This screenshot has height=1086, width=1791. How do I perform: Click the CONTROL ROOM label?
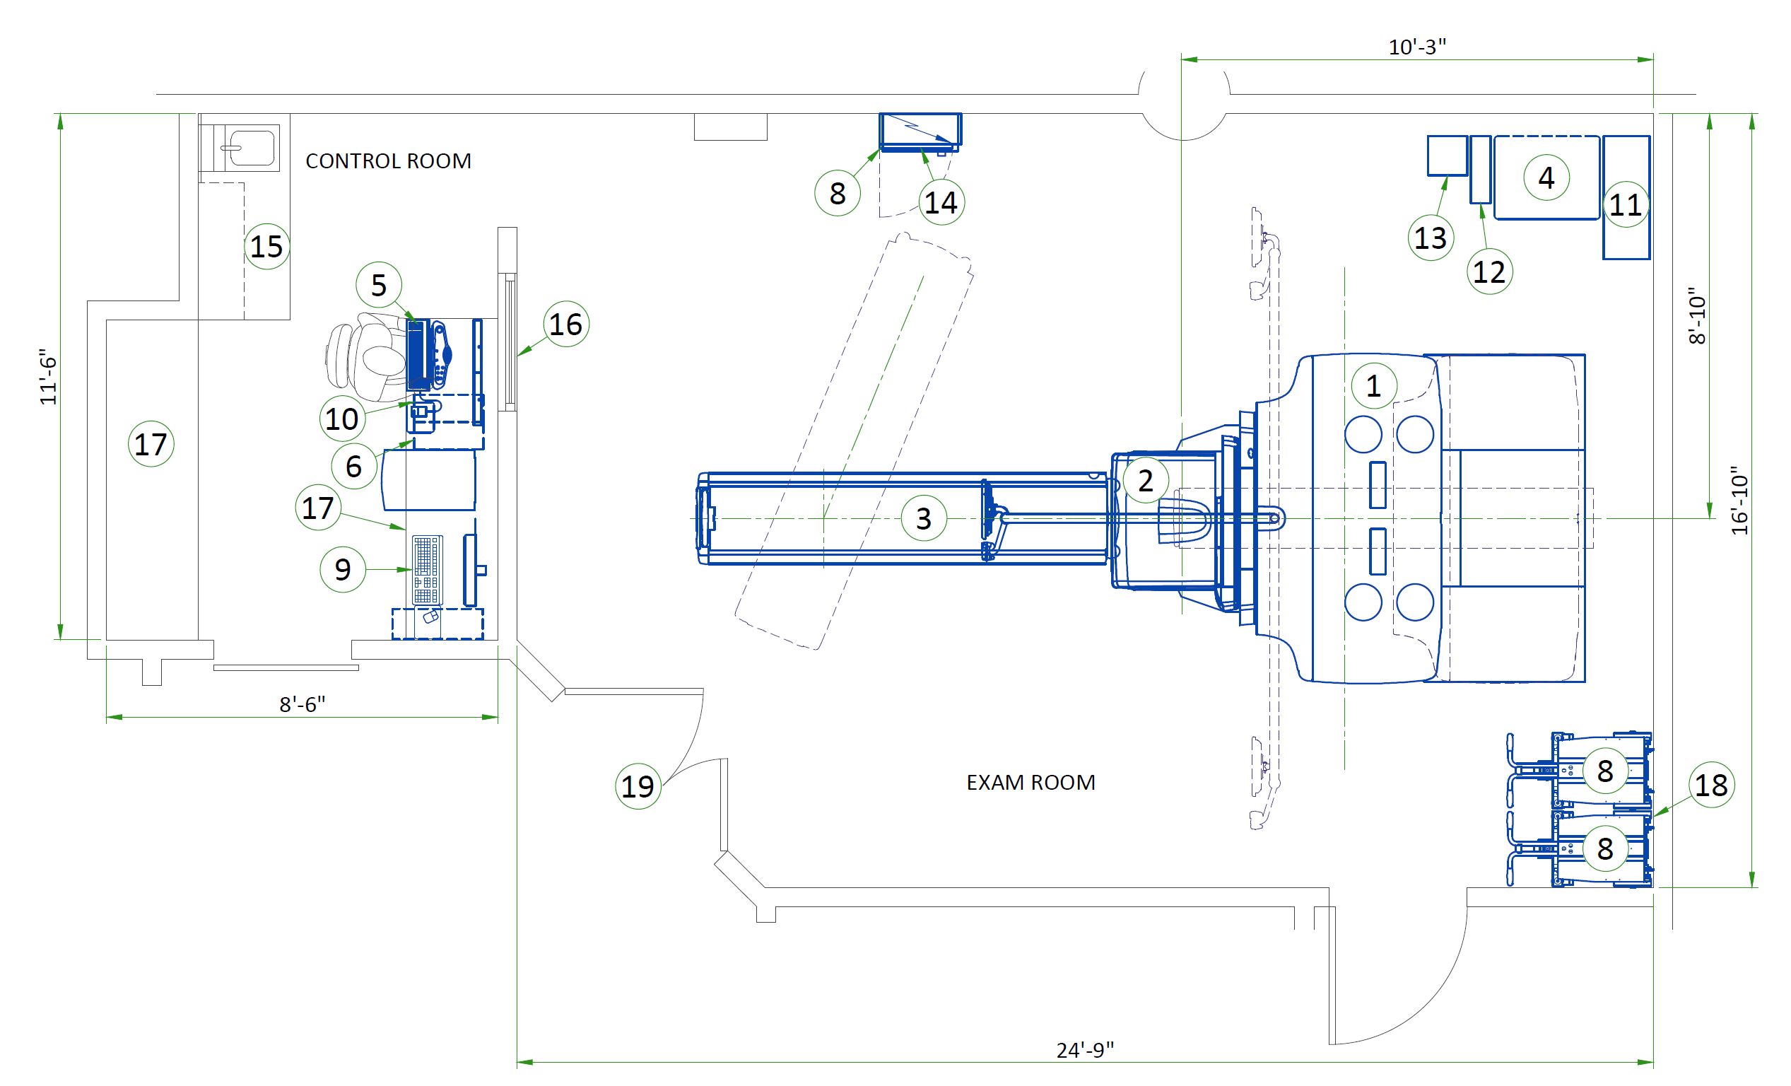tap(388, 160)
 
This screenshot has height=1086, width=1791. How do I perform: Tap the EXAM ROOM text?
tap(1030, 783)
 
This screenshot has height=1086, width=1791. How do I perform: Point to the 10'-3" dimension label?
tap(1416, 47)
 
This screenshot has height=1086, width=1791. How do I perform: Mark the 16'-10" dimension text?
tap(1739, 500)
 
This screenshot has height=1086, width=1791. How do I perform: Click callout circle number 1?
tap(1373, 386)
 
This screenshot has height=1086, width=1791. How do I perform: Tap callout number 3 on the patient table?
tap(923, 518)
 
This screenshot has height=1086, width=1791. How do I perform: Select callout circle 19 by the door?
tap(638, 786)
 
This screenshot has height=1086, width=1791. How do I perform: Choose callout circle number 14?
tap(941, 203)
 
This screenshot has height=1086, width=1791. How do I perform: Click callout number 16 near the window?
tap(565, 325)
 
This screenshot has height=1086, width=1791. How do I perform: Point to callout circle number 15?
tap(266, 247)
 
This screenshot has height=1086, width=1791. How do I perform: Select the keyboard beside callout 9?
tap(427, 569)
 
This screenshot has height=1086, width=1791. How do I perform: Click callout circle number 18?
tap(1711, 785)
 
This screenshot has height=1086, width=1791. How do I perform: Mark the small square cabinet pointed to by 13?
tap(1447, 156)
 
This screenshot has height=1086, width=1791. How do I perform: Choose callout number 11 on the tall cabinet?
tap(1626, 204)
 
